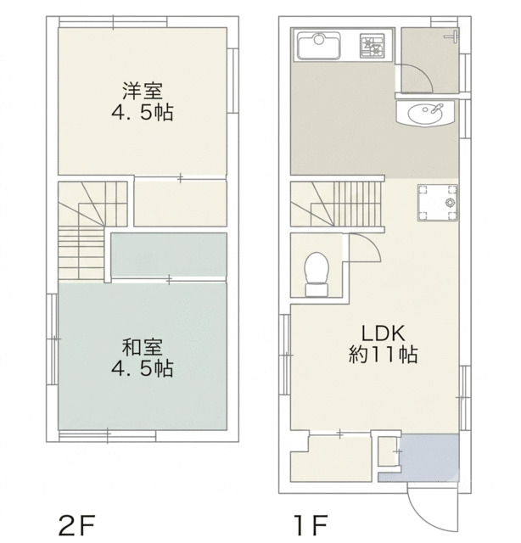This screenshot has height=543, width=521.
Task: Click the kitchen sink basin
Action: tap(319, 46)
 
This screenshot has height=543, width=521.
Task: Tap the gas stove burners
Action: tap(373, 45)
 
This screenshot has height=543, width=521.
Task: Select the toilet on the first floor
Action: tap(317, 274)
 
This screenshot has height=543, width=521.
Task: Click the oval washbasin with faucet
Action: tap(425, 112)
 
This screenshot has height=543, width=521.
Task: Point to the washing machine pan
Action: tap(438, 203)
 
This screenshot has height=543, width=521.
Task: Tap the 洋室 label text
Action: tap(142, 91)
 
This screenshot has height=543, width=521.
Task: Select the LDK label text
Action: tap(384, 333)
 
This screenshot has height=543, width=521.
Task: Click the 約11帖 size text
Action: tap(383, 355)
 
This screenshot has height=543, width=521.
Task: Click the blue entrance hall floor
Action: tap(429, 456)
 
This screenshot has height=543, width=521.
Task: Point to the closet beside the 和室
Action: tap(169, 255)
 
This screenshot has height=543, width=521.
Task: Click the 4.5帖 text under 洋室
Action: tap(142, 113)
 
